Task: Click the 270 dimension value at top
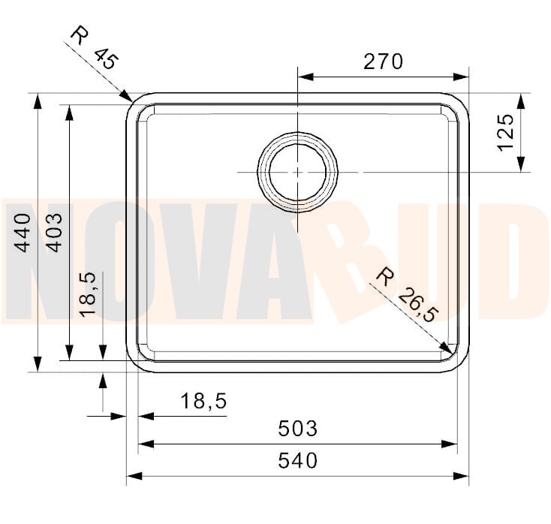click(x=383, y=62)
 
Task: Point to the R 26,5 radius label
click(x=406, y=295)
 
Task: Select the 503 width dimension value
click(x=297, y=429)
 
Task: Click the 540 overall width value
click(x=297, y=460)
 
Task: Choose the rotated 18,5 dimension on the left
click(x=89, y=294)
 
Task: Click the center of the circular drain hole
click(x=298, y=172)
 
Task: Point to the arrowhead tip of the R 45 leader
click(x=133, y=101)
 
